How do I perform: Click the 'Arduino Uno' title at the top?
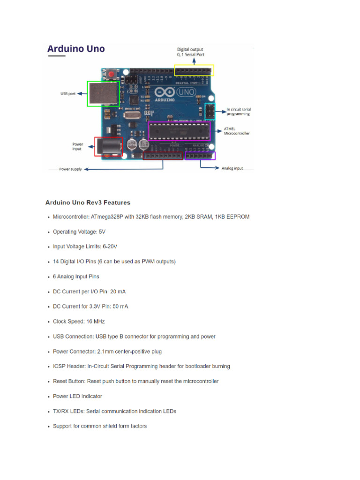coord(75,49)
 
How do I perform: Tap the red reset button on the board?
coord(111,74)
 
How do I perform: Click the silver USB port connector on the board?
coord(100,94)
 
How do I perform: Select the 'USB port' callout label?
coord(68,93)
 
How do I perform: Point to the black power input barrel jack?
coord(108,146)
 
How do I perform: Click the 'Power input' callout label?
coord(77,147)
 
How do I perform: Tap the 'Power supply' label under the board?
coord(70,169)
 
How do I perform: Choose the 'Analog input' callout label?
coord(232,168)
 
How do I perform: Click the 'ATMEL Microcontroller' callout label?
coord(237,131)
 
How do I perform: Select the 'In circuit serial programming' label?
coord(238,112)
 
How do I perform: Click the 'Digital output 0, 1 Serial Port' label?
coord(190,52)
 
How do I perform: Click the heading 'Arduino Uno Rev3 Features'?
coord(88,202)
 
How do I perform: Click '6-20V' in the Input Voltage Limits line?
coord(110,247)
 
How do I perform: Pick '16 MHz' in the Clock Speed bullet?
coord(95,322)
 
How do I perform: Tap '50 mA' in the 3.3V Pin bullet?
coord(120,307)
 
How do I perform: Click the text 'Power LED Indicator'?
coord(77,397)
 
